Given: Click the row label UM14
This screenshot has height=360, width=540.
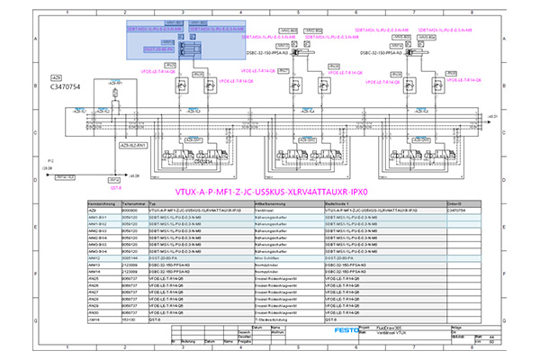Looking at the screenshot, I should pos(94,319).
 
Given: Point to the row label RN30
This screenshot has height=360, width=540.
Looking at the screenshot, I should pos(94,312).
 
